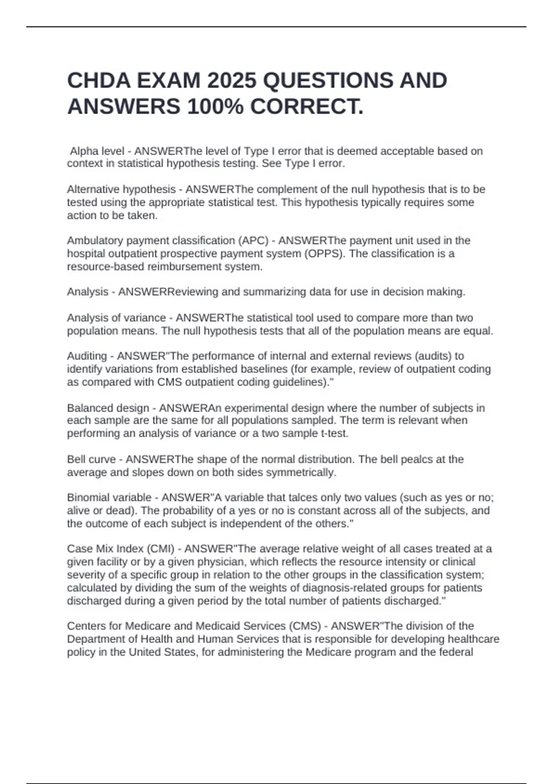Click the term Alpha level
coord(97,151)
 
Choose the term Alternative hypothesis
coord(121,189)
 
